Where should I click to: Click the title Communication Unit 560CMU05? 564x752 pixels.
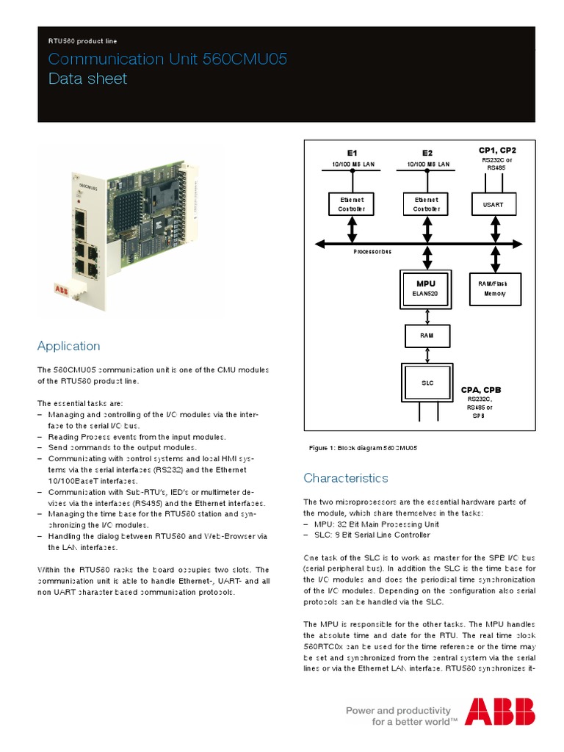pos(167,59)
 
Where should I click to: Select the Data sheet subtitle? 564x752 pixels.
pos(87,79)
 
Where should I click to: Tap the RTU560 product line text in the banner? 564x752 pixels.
pos(82,41)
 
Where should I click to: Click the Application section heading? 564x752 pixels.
pos(68,346)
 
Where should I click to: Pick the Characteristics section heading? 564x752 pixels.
pos(346,478)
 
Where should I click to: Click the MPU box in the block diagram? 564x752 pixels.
pos(426,287)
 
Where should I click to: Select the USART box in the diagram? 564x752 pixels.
pos(493,204)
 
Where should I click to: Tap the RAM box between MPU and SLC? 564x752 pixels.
pos(426,335)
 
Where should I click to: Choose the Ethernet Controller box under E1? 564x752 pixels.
pos(351,204)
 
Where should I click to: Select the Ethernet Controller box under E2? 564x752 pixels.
pos(426,204)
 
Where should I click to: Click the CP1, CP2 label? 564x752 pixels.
pos(497,149)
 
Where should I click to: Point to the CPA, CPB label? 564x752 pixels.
pos(481,389)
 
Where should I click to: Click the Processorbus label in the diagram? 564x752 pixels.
pos(372,251)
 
